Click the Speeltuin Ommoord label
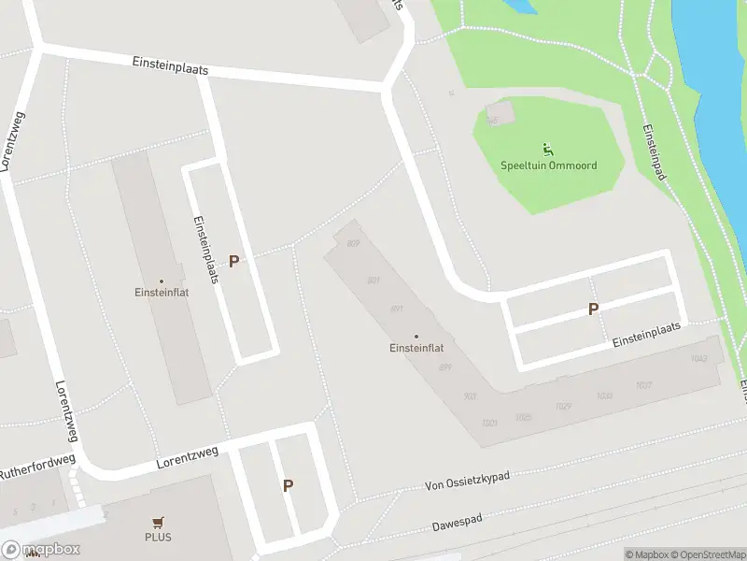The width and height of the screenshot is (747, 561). pyautogui.click(x=548, y=165)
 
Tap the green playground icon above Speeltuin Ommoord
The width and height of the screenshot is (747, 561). pyautogui.click(x=547, y=148)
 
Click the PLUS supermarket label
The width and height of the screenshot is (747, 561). pyautogui.click(x=158, y=537)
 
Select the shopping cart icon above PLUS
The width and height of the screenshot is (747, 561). pyautogui.click(x=158, y=523)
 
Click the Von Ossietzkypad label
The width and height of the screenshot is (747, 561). pyautogui.click(x=467, y=481)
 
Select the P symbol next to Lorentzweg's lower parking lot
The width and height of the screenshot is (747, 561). pyautogui.click(x=288, y=485)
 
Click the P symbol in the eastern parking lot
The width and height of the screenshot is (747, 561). pyautogui.click(x=593, y=309)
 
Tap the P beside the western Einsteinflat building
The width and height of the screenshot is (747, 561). pyautogui.click(x=233, y=262)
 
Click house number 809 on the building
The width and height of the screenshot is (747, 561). pyautogui.click(x=353, y=244)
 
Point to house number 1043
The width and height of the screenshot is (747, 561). pyautogui.click(x=698, y=359)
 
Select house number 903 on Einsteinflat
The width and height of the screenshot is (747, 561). pyautogui.click(x=470, y=396)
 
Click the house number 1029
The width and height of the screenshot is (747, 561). pyautogui.click(x=563, y=406)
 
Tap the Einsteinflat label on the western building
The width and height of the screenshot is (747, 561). pyautogui.click(x=161, y=292)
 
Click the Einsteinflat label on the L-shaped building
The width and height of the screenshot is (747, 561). pyautogui.click(x=416, y=348)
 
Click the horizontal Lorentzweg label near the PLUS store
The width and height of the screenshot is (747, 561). pyautogui.click(x=188, y=456)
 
